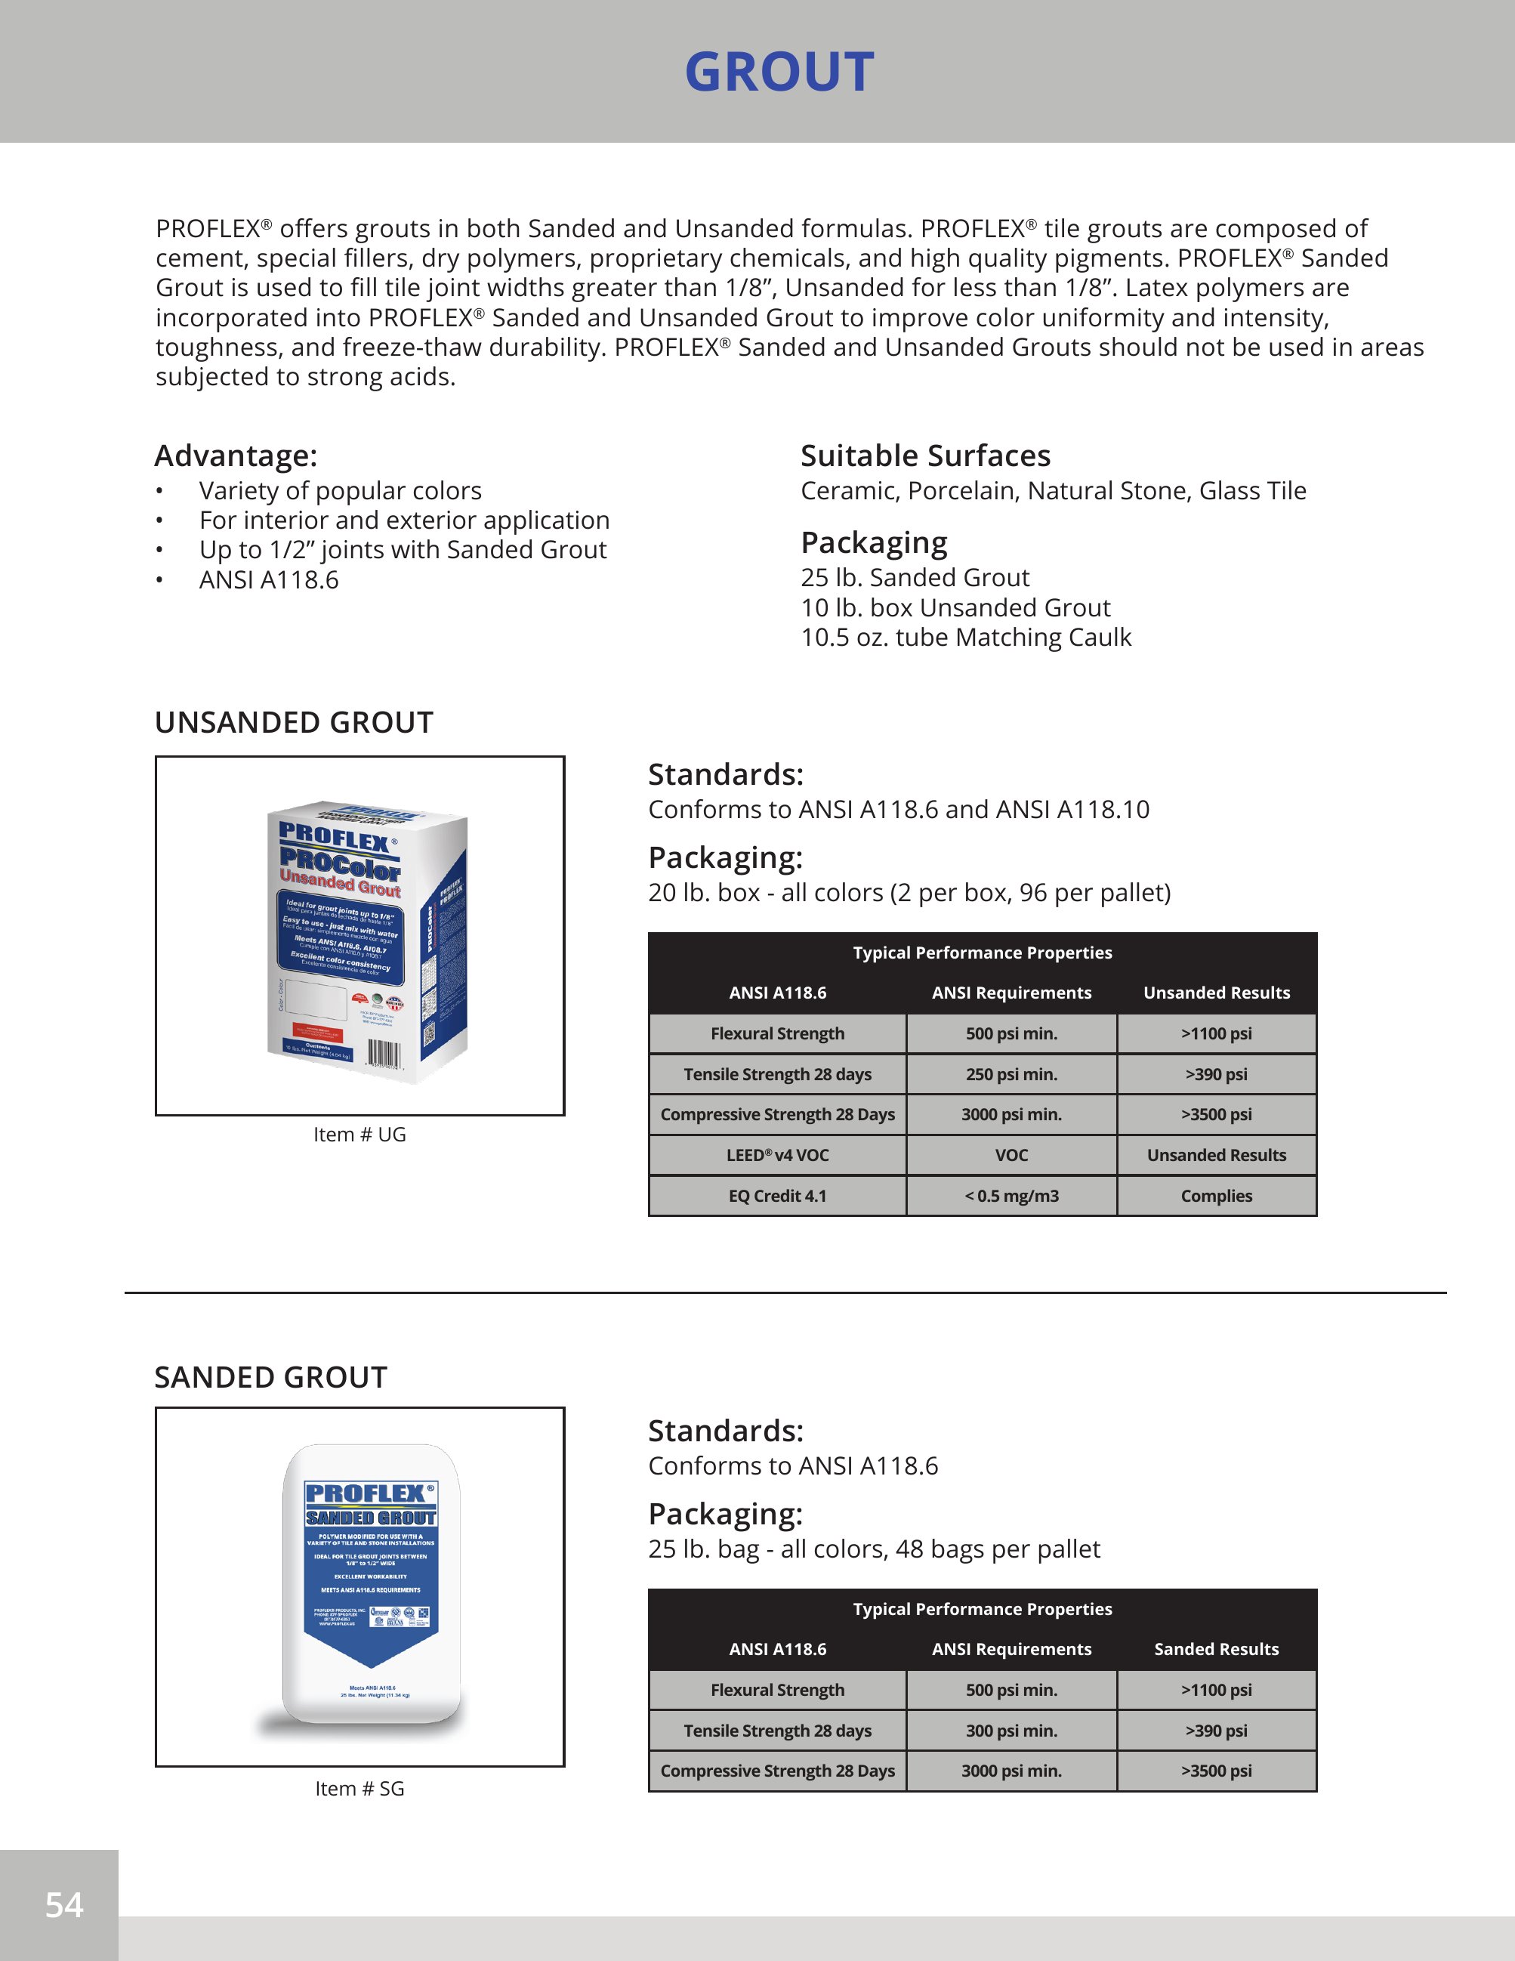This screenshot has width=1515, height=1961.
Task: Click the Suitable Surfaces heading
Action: [x=924, y=456]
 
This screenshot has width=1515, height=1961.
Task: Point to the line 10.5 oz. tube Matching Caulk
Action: [x=965, y=638]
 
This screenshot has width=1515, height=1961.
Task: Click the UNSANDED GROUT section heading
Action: [x=294, y=723]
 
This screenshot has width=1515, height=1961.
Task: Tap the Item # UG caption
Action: [x=359, y=1135]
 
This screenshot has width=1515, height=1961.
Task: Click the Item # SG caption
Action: [x=359, y=1789]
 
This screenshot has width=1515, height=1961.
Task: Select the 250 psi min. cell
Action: [x=1011, y=1074]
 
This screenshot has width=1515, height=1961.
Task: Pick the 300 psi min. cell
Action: [x=1011, y=1731]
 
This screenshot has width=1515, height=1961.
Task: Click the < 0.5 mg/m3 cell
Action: [x=1011, y=1196]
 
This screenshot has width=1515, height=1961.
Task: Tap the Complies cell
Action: [x=1215, y=1196]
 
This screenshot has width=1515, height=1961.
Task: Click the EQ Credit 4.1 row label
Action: [x=776, y=1196]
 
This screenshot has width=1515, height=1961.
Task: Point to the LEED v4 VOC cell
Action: [x=776, y=1156]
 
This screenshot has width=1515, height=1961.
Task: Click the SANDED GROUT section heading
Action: [x=270, y=1377]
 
